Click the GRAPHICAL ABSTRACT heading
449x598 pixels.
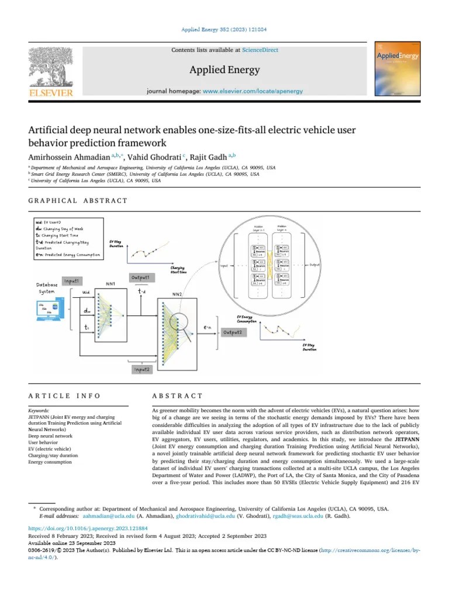click(78, 200)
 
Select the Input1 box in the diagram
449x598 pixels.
click(75, 281)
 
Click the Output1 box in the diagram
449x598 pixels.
click(140, 276)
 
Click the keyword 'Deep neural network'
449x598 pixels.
click(50, 436)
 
